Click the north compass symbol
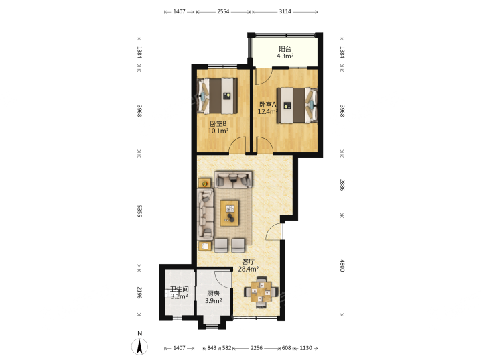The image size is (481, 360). click(139, 346)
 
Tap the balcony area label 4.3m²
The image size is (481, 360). click(285, 56)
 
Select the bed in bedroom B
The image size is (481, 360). click(218, 95)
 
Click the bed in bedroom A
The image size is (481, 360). click(297, 105)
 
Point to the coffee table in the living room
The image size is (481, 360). click(230, 213)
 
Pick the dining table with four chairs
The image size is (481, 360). click(261, 292)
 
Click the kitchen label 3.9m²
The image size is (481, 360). click(214, 301)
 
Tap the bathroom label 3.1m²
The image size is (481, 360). click(180, 296)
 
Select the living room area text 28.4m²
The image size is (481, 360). click(249, 269)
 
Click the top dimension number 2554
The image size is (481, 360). click(223, 11)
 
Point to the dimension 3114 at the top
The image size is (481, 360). click(285, 11)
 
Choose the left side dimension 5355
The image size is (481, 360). click(139, 211)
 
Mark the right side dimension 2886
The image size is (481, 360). click(342, 185)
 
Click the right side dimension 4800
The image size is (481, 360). click(342, 265)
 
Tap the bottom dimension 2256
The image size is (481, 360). click(257, 348)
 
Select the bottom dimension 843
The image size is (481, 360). click(212, 348)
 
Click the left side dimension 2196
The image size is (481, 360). click(139, 292)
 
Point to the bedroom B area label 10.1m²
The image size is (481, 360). click(218, 131)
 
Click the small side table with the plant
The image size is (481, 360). click(204, 183)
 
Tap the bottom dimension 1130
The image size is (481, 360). click(305, 348)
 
